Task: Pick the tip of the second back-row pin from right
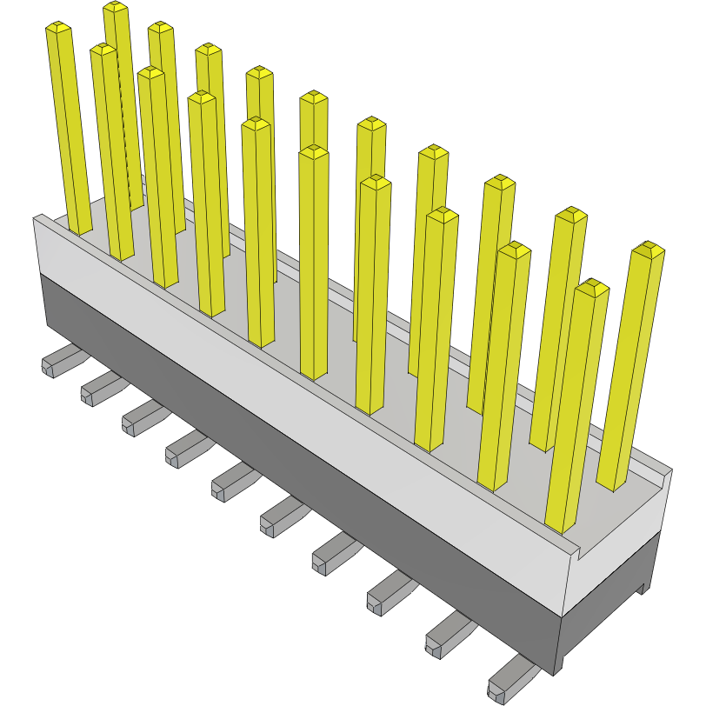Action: click(x=571, y=214)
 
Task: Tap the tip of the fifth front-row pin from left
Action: click(x=314, y=152)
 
